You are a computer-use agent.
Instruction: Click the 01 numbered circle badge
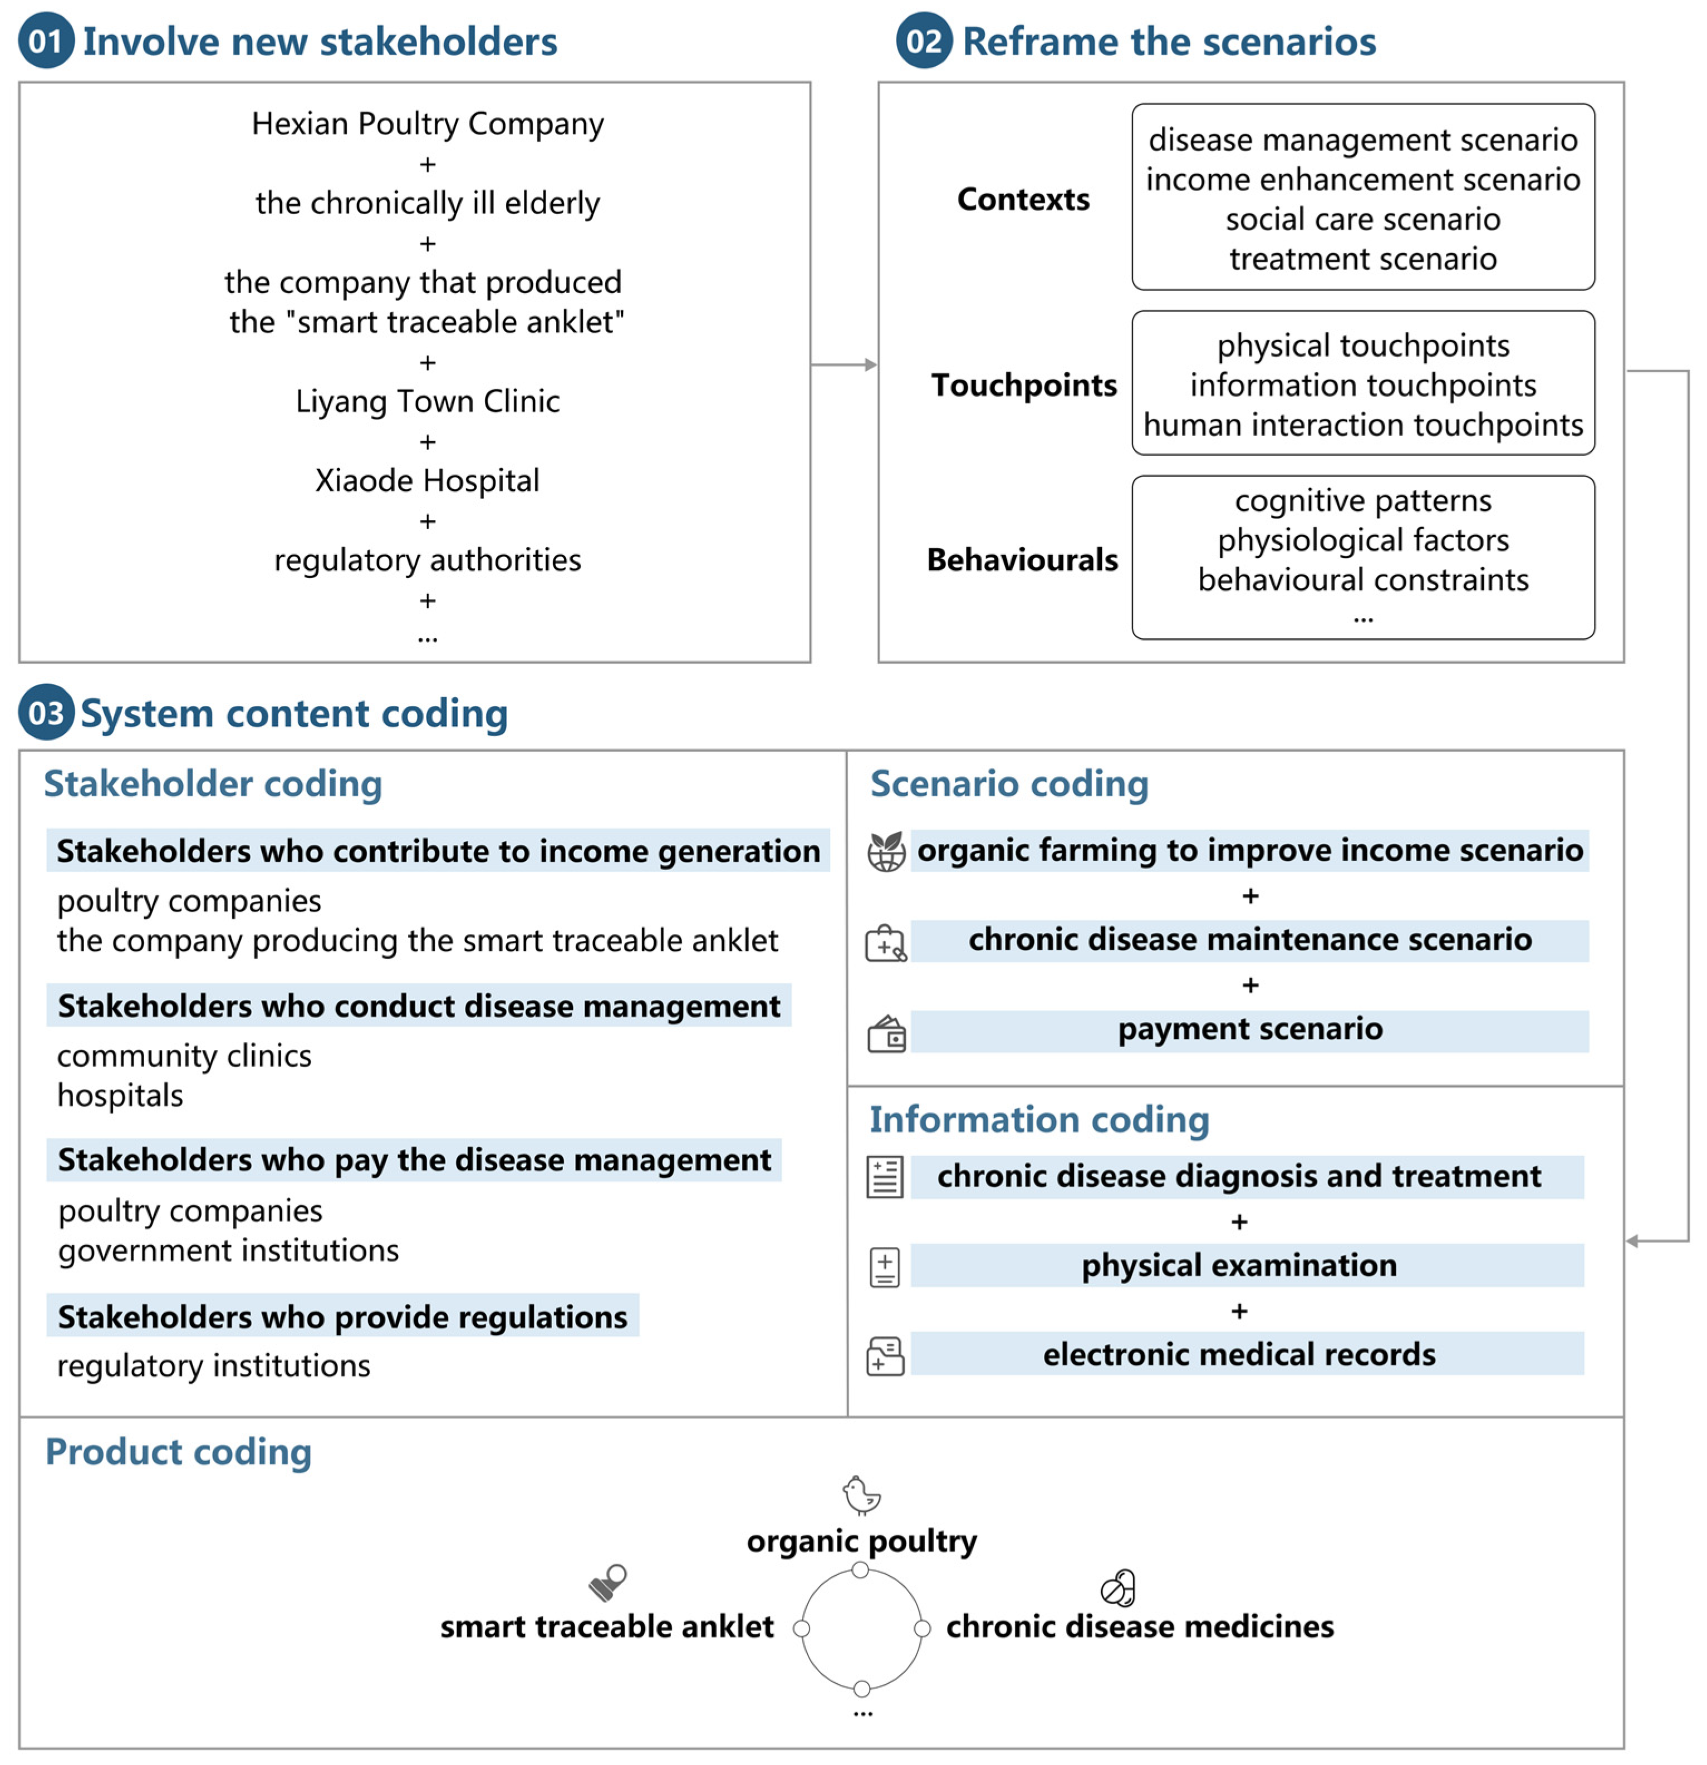(46, 41)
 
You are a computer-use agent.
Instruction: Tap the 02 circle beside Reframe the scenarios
(923, 41)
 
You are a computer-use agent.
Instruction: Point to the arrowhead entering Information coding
(1633, 1241)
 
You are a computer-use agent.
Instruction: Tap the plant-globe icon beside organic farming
(886, 851)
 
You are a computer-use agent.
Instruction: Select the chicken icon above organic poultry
(861, 1495)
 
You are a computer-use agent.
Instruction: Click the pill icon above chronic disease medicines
(1118, 1589)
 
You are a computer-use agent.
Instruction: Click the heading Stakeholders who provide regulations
(342, 1317)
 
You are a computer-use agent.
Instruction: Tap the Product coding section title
(178, 1452)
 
